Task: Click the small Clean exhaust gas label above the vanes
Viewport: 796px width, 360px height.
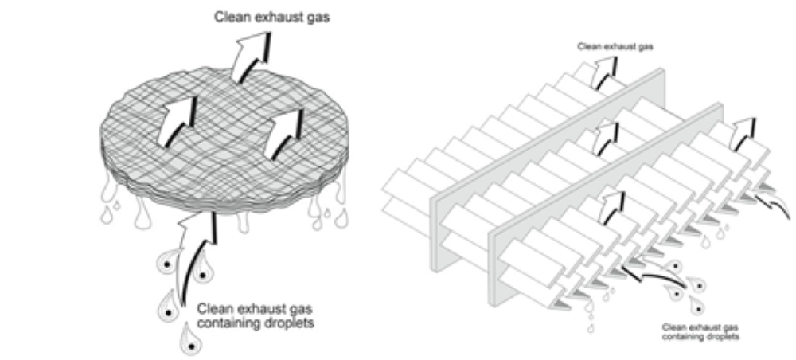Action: [x=615, y=47]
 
